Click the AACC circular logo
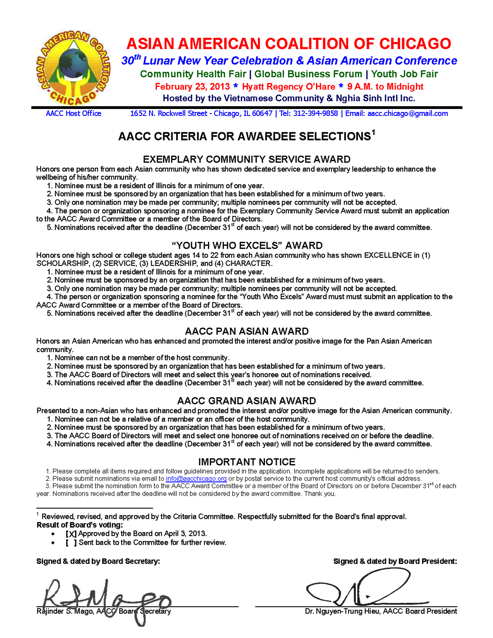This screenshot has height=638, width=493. [73, 68]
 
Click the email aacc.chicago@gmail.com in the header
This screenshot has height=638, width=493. [407, 113]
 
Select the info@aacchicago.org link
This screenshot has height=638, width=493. [196, 479]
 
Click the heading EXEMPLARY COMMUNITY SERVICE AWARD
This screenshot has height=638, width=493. [246, 159]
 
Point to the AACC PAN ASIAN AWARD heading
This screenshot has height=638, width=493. [246, 331]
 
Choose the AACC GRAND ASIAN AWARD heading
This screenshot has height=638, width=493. [246, 401]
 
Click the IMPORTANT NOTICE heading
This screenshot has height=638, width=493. [246, 462]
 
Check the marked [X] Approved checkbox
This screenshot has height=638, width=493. [71, 534]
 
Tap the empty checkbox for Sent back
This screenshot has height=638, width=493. [71, 543]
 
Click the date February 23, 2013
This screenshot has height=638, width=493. [192, 87]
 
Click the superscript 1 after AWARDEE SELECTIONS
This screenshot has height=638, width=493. [373, 133]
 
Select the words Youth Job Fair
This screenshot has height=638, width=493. [404, 74]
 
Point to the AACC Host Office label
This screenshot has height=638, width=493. [74, 113]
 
